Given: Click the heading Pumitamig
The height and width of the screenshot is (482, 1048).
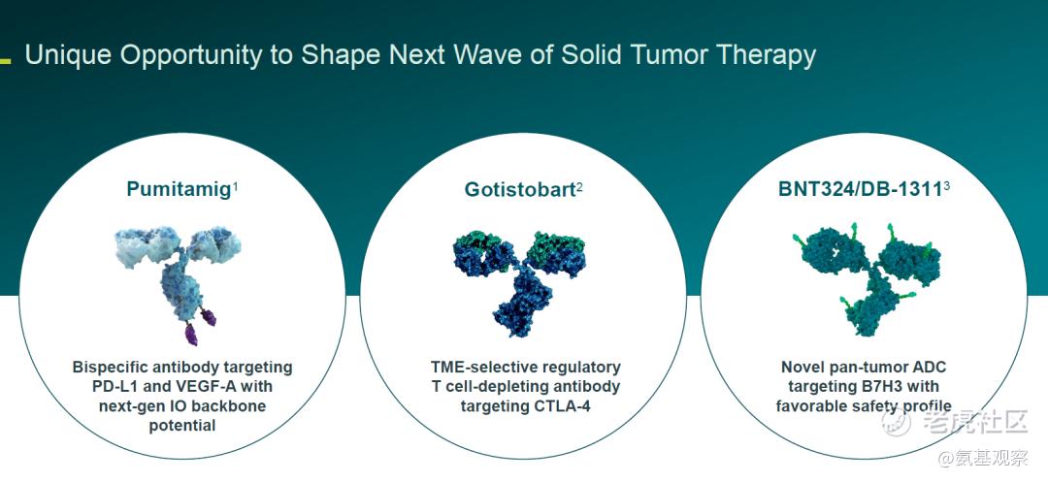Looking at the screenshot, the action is (179, 189).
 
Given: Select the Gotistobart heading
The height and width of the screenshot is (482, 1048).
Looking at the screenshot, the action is (520, 189).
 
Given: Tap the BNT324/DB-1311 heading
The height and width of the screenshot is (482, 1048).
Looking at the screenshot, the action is (860, 189).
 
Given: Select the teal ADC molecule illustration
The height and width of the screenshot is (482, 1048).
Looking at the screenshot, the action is (867, 279).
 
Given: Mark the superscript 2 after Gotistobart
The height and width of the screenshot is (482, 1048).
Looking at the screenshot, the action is (579, 186).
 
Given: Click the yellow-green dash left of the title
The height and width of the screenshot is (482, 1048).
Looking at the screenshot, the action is (6, 61).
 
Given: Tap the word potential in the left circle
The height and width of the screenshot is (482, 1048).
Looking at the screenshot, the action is (182, 426).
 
